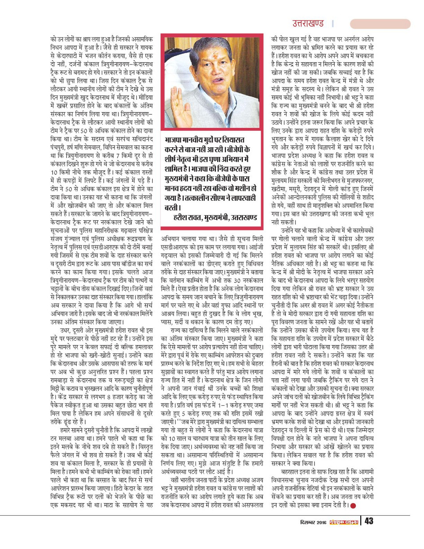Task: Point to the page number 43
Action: [x=369, y=534]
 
